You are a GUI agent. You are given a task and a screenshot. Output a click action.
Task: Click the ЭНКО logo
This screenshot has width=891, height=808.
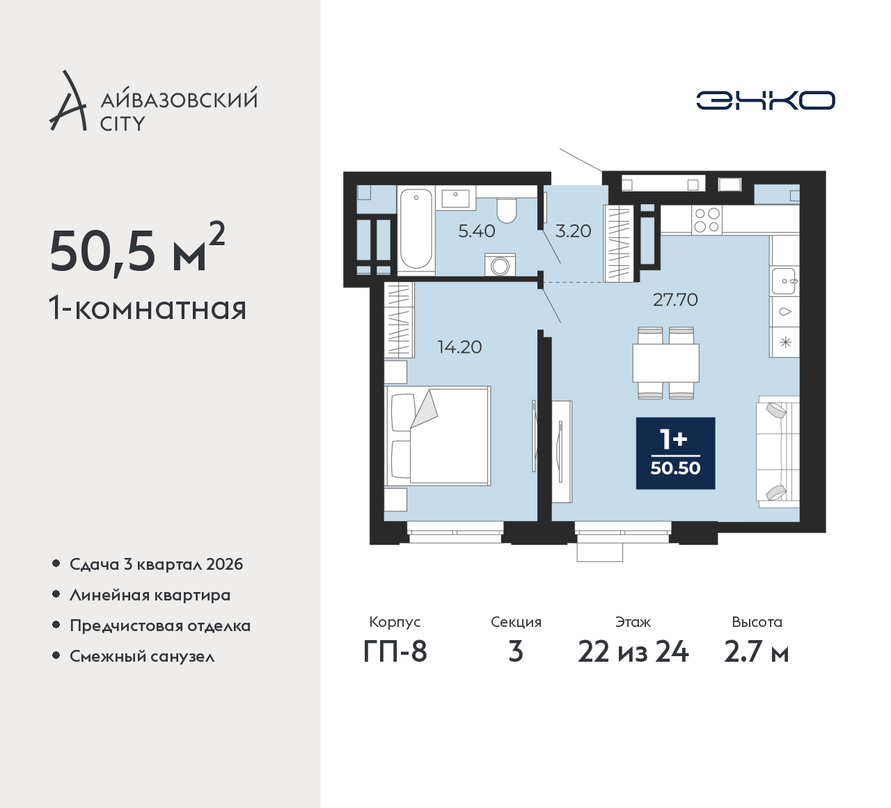click(765, 100)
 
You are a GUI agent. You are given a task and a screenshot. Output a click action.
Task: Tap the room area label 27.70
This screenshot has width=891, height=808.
click(675, 300)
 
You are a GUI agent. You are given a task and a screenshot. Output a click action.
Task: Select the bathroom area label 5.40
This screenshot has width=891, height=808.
click(477, 231)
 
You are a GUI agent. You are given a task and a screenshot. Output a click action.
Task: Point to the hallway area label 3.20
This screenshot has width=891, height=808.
click(573, 231)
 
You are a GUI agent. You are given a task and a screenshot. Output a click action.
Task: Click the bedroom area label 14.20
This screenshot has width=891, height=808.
click(459, 347)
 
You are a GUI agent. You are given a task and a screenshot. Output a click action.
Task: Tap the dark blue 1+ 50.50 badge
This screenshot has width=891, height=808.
click(676, 453)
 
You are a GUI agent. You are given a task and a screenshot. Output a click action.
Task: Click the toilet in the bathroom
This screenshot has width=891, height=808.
click(506, 210)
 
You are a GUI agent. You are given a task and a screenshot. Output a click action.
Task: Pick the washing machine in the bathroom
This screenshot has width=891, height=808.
click(500, 265)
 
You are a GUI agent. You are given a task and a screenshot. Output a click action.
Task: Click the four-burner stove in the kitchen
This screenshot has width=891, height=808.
click(707, 220)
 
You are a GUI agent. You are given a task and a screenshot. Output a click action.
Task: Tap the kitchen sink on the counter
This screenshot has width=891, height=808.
click(784, 281)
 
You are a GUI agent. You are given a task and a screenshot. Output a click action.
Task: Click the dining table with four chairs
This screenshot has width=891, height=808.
click(665, 363)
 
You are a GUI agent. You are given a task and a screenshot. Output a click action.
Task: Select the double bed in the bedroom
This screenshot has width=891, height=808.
click(438, 435)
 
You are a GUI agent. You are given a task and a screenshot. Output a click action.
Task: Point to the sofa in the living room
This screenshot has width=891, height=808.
click(778, 451)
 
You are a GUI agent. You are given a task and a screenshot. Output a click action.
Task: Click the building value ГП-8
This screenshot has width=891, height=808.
click(395, 651)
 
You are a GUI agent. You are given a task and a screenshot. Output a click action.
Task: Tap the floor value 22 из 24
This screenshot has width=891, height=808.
click(633, 651)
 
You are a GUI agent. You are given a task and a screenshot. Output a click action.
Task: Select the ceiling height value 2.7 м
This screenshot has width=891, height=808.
click(757, 651)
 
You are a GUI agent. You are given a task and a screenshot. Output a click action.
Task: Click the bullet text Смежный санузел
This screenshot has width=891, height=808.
click(142, 656)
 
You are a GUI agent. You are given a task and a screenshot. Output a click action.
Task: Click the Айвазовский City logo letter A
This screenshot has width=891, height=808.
click(68, 100)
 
